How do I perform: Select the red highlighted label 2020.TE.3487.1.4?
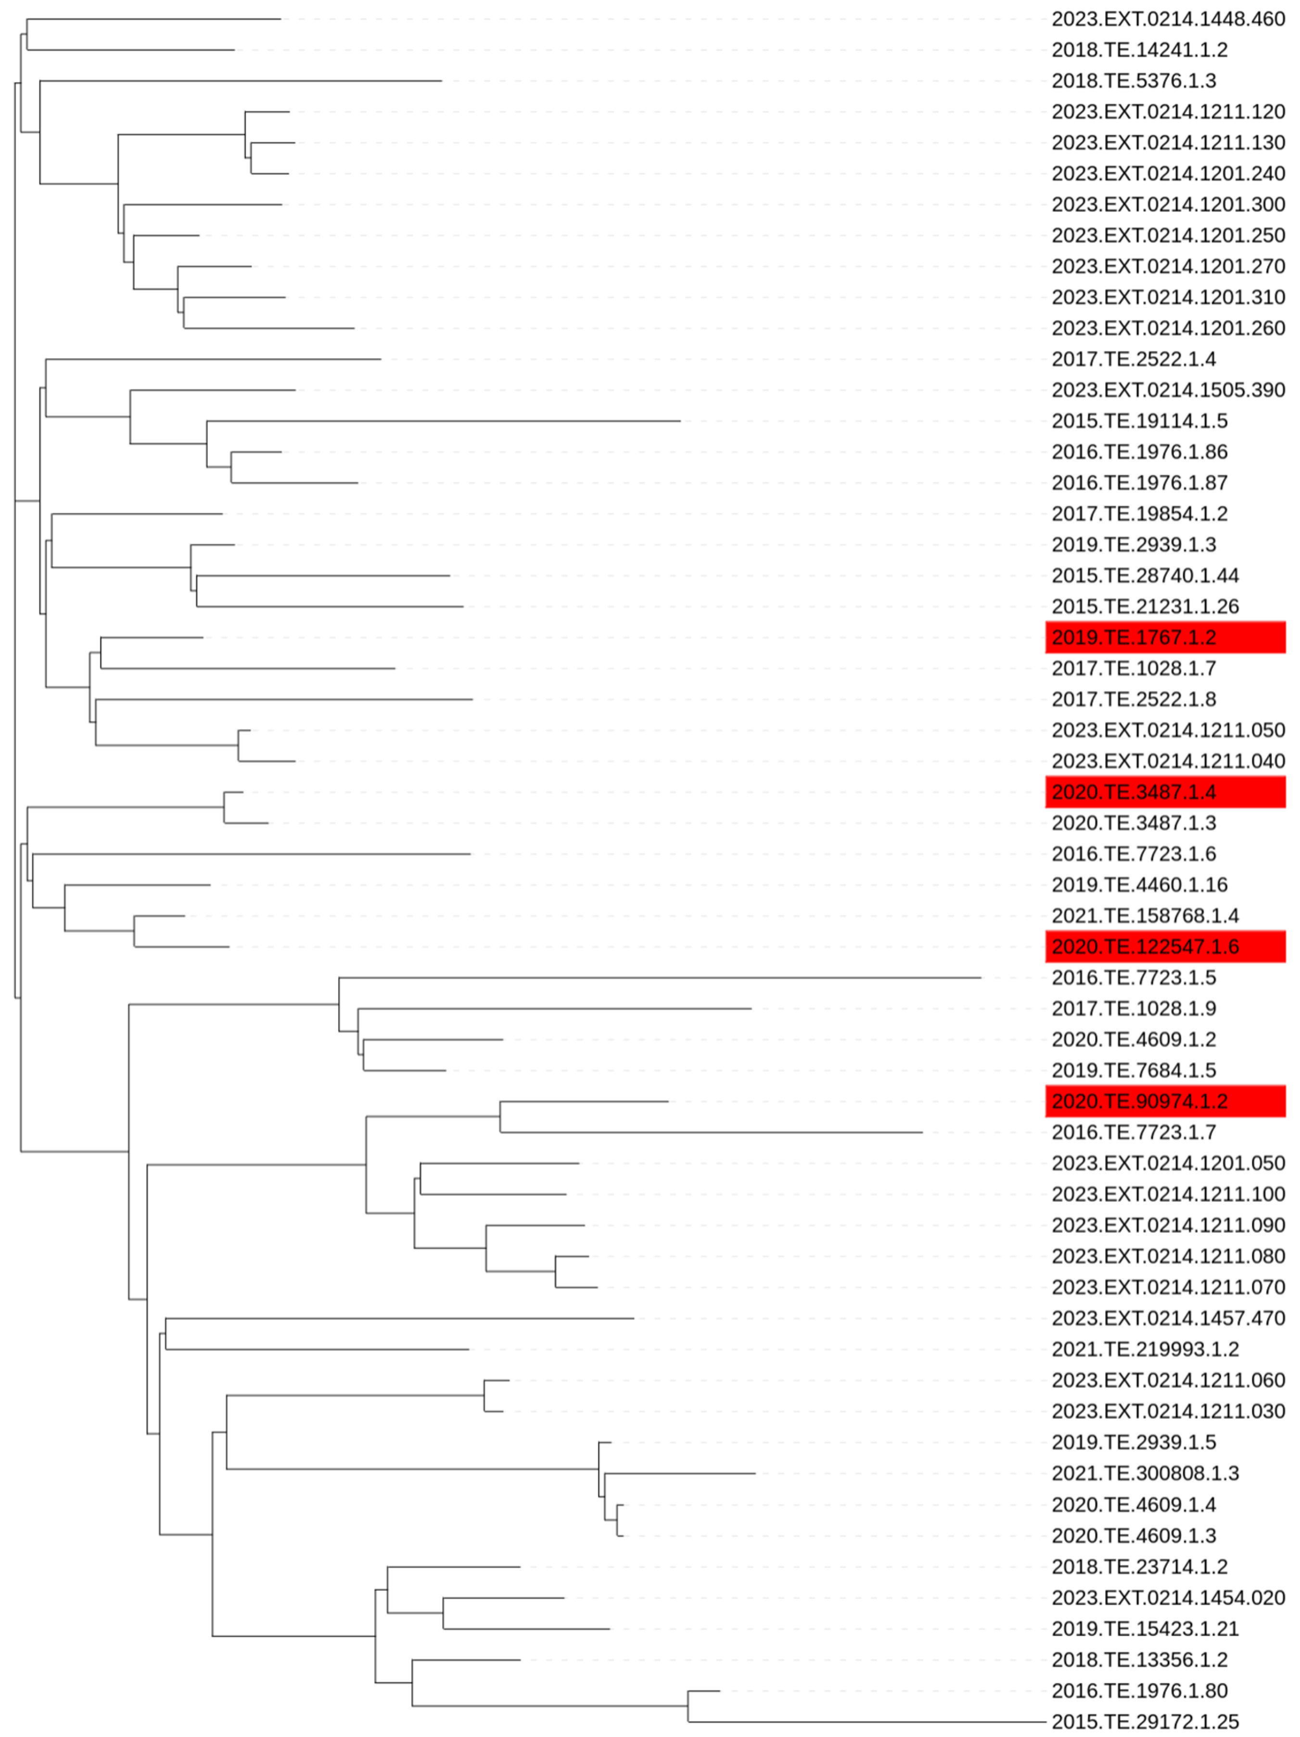pyautogui.click(x=1164, y=792)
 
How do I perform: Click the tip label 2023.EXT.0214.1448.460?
pyautogui.click(x=1168, y=19)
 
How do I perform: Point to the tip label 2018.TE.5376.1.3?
pyautogui.click(x=1134, y=81)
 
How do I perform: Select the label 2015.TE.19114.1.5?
pyautogui.click(x=1139, y=421)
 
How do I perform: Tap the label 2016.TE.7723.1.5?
pyautogui.click(x=1134, y=978)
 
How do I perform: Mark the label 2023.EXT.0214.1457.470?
pyautogui.click(x=1168, y=1318)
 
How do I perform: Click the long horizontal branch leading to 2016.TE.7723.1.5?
pyautogui.click(x=660, y=978)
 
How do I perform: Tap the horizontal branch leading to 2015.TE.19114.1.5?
pyautogui.click(x=444, y=421)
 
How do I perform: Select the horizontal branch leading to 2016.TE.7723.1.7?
pyautogui.click(x=711, y=1132)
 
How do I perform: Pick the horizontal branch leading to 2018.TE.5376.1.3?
pyautogui.click(x=240, y=81)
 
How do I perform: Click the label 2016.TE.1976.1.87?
pyautogui.click(x=1139, y=483)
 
